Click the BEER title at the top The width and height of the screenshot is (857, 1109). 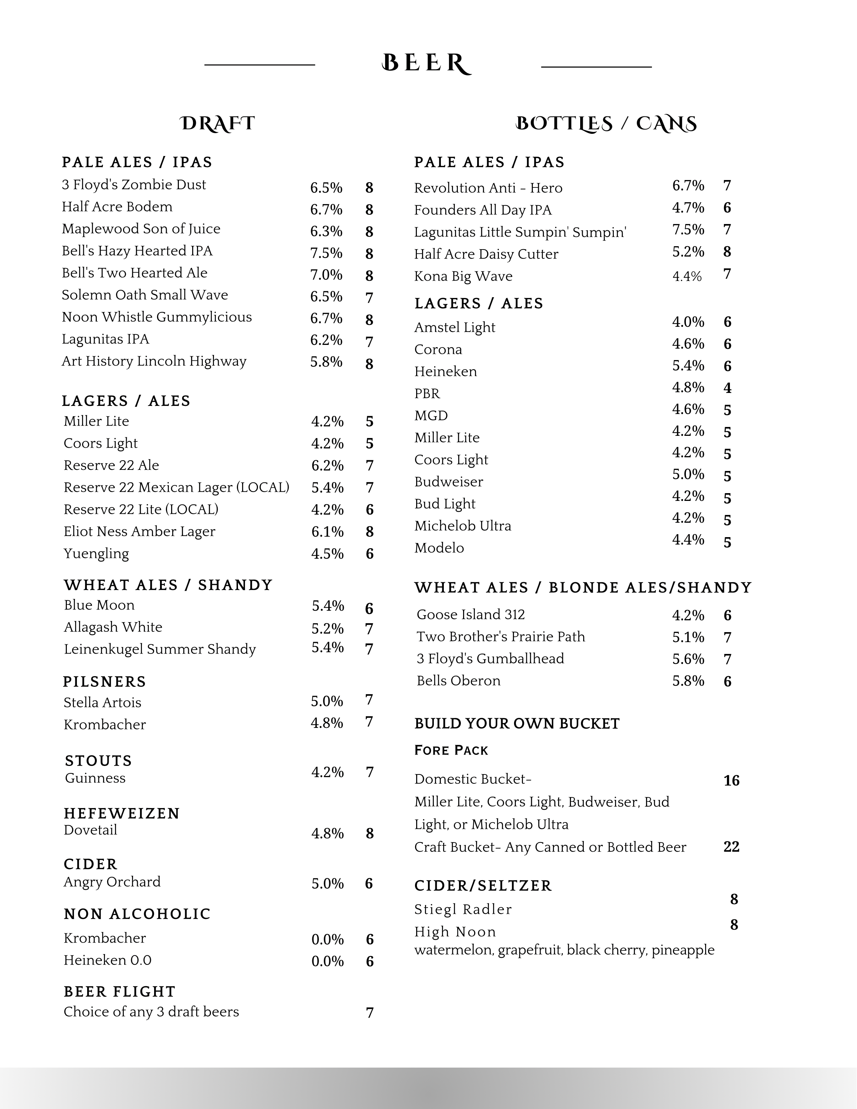(x=426, y=64)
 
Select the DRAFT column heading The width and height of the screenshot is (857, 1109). (x=217, y=124)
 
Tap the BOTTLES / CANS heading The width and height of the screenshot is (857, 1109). (x=606, y=124)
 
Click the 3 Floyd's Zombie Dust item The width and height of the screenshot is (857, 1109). (x=134, y=185)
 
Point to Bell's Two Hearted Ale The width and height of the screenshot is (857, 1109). (x=135, y=273)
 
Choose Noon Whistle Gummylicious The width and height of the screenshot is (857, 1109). (x=157, y=318)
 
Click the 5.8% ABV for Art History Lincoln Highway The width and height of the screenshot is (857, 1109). (x=326, y=362)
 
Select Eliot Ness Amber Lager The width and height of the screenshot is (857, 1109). (x=140, y=532)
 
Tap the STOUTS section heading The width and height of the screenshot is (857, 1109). (x=99, y=761)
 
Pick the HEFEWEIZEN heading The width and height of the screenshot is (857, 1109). (x=122, y=814)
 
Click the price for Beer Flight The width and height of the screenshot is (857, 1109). (x=370, y=1013)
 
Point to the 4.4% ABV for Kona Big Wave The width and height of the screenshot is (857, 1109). (x=687, y=277)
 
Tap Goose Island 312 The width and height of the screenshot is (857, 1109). (x=471, y=615)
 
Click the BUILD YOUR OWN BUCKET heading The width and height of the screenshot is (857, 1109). (x=517, y=723)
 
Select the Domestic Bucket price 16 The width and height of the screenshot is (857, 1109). (x=731, y=780)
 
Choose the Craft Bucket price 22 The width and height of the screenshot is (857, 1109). (x=731, y=847)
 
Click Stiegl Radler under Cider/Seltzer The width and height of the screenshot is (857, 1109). (x=463, y=909)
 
